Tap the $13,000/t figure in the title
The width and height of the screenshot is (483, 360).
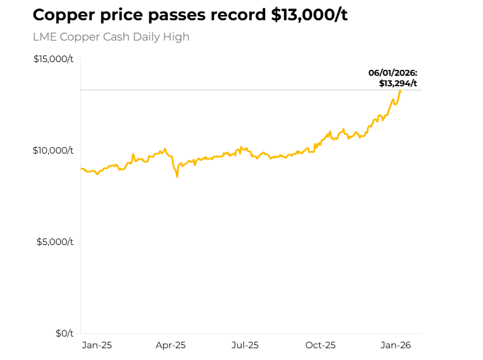coord(309,16)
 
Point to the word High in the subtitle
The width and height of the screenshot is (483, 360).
coord(176,37)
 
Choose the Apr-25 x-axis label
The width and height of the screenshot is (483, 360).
coord(172,345)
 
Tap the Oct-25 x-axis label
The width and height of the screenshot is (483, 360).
coord(320,345)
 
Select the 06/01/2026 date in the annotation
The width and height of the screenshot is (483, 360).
coord(393,73)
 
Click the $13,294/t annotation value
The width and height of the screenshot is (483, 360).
coord(397,83)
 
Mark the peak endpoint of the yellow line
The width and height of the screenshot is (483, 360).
coord(400,91)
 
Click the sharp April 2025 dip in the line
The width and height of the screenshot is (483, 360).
coord(177,176)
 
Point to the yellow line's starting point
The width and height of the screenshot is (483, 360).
coord(81,169)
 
